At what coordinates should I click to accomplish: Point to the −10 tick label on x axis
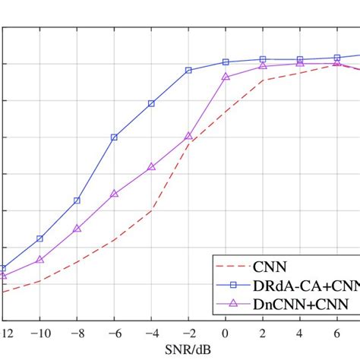(x=39, y=334)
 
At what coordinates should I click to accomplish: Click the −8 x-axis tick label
(x=77, y=334)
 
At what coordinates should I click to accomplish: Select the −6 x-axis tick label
(x=114, y=334)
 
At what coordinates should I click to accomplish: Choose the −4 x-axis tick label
(x=151, y=334)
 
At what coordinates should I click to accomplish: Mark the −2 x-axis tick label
(x=188, y=334)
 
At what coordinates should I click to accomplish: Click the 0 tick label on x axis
(x=226, y=334)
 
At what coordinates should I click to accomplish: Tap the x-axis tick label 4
(x=300, y=334)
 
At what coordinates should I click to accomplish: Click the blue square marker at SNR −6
(x=114, y=137)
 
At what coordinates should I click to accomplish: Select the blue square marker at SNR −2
(x=188, y=70)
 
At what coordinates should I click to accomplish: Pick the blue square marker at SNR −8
(x=77, y=201)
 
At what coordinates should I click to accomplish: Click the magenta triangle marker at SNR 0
(x=226, y=77)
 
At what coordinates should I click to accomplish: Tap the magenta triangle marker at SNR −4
(x=151, y=166)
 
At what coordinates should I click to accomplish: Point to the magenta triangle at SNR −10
(x=39, y=259)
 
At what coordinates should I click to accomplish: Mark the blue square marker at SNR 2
(x=263, y=59)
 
